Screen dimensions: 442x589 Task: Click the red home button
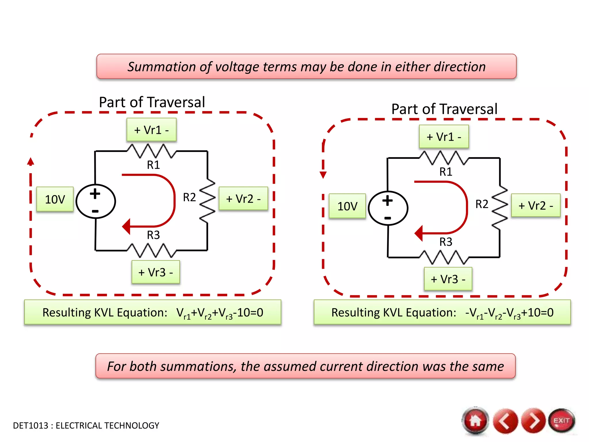point(475,421)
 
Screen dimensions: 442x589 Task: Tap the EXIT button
point(561,421)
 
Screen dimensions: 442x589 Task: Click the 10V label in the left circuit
point(55,199)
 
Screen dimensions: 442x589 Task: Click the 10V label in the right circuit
point(347,206)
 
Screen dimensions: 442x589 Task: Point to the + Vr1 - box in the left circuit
point(152,130)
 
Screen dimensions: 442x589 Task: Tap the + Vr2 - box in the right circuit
point(536,205)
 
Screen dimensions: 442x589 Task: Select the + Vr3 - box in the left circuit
point(156,272)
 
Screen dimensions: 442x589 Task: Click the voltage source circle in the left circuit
point(96,201)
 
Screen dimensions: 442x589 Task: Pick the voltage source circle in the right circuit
point(388,208)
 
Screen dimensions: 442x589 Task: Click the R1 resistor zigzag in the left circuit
point(152,151)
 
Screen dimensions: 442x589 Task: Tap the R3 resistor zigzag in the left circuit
point(152,250)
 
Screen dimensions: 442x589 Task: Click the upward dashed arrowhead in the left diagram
point(30,162)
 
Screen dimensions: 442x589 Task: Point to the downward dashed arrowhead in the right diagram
point(323,175)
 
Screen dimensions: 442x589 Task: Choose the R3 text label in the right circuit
point(446,242)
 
